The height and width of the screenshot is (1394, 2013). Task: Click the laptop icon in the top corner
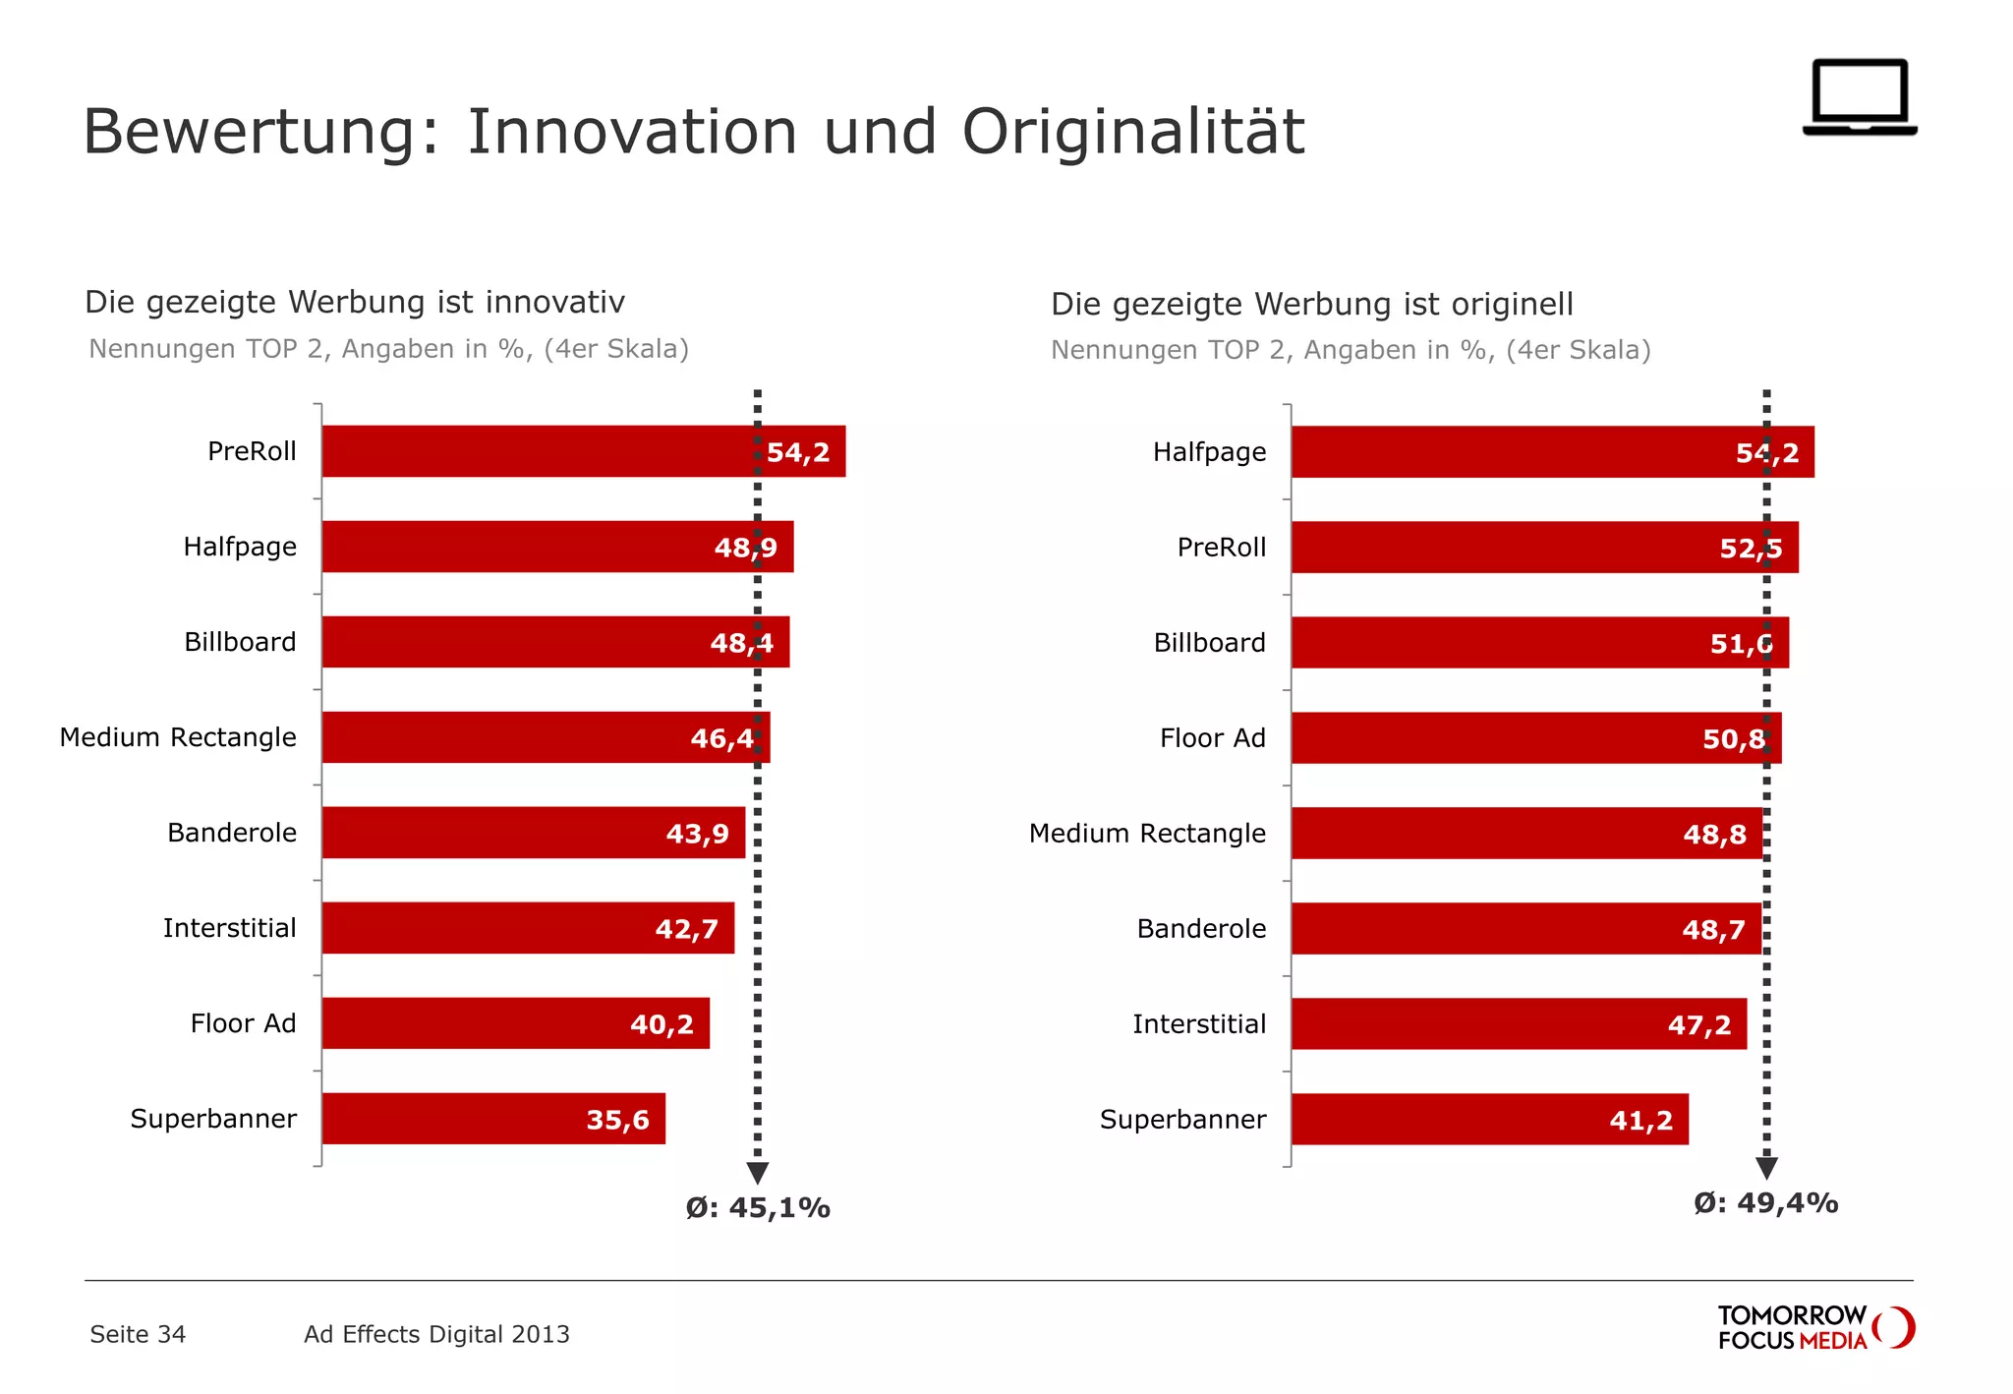coord(1859,97)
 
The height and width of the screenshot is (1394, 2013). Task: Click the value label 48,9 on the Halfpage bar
coord(745,548)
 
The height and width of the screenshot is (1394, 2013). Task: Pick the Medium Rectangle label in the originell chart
coord(1147,834)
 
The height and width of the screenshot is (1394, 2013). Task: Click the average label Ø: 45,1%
coord(758,1208)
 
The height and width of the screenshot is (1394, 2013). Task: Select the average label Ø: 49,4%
coord(1765,1203)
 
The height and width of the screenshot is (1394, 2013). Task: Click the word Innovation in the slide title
coord(631,132)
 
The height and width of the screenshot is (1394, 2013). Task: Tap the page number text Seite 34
coord(138,1334)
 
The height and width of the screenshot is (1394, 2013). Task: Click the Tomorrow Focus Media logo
coord(1814,1328)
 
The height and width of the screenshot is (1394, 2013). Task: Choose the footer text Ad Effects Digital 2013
coord(436,1334)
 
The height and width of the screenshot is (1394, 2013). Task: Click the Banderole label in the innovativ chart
coord(232,833)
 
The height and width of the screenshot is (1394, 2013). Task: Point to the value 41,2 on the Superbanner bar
coord(1640,1121)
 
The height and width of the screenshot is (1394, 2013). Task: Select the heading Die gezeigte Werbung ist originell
coord(1311,305)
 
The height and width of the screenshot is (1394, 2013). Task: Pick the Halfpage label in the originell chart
coord(1209,452)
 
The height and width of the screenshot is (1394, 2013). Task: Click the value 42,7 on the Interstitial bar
coord(686,929)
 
